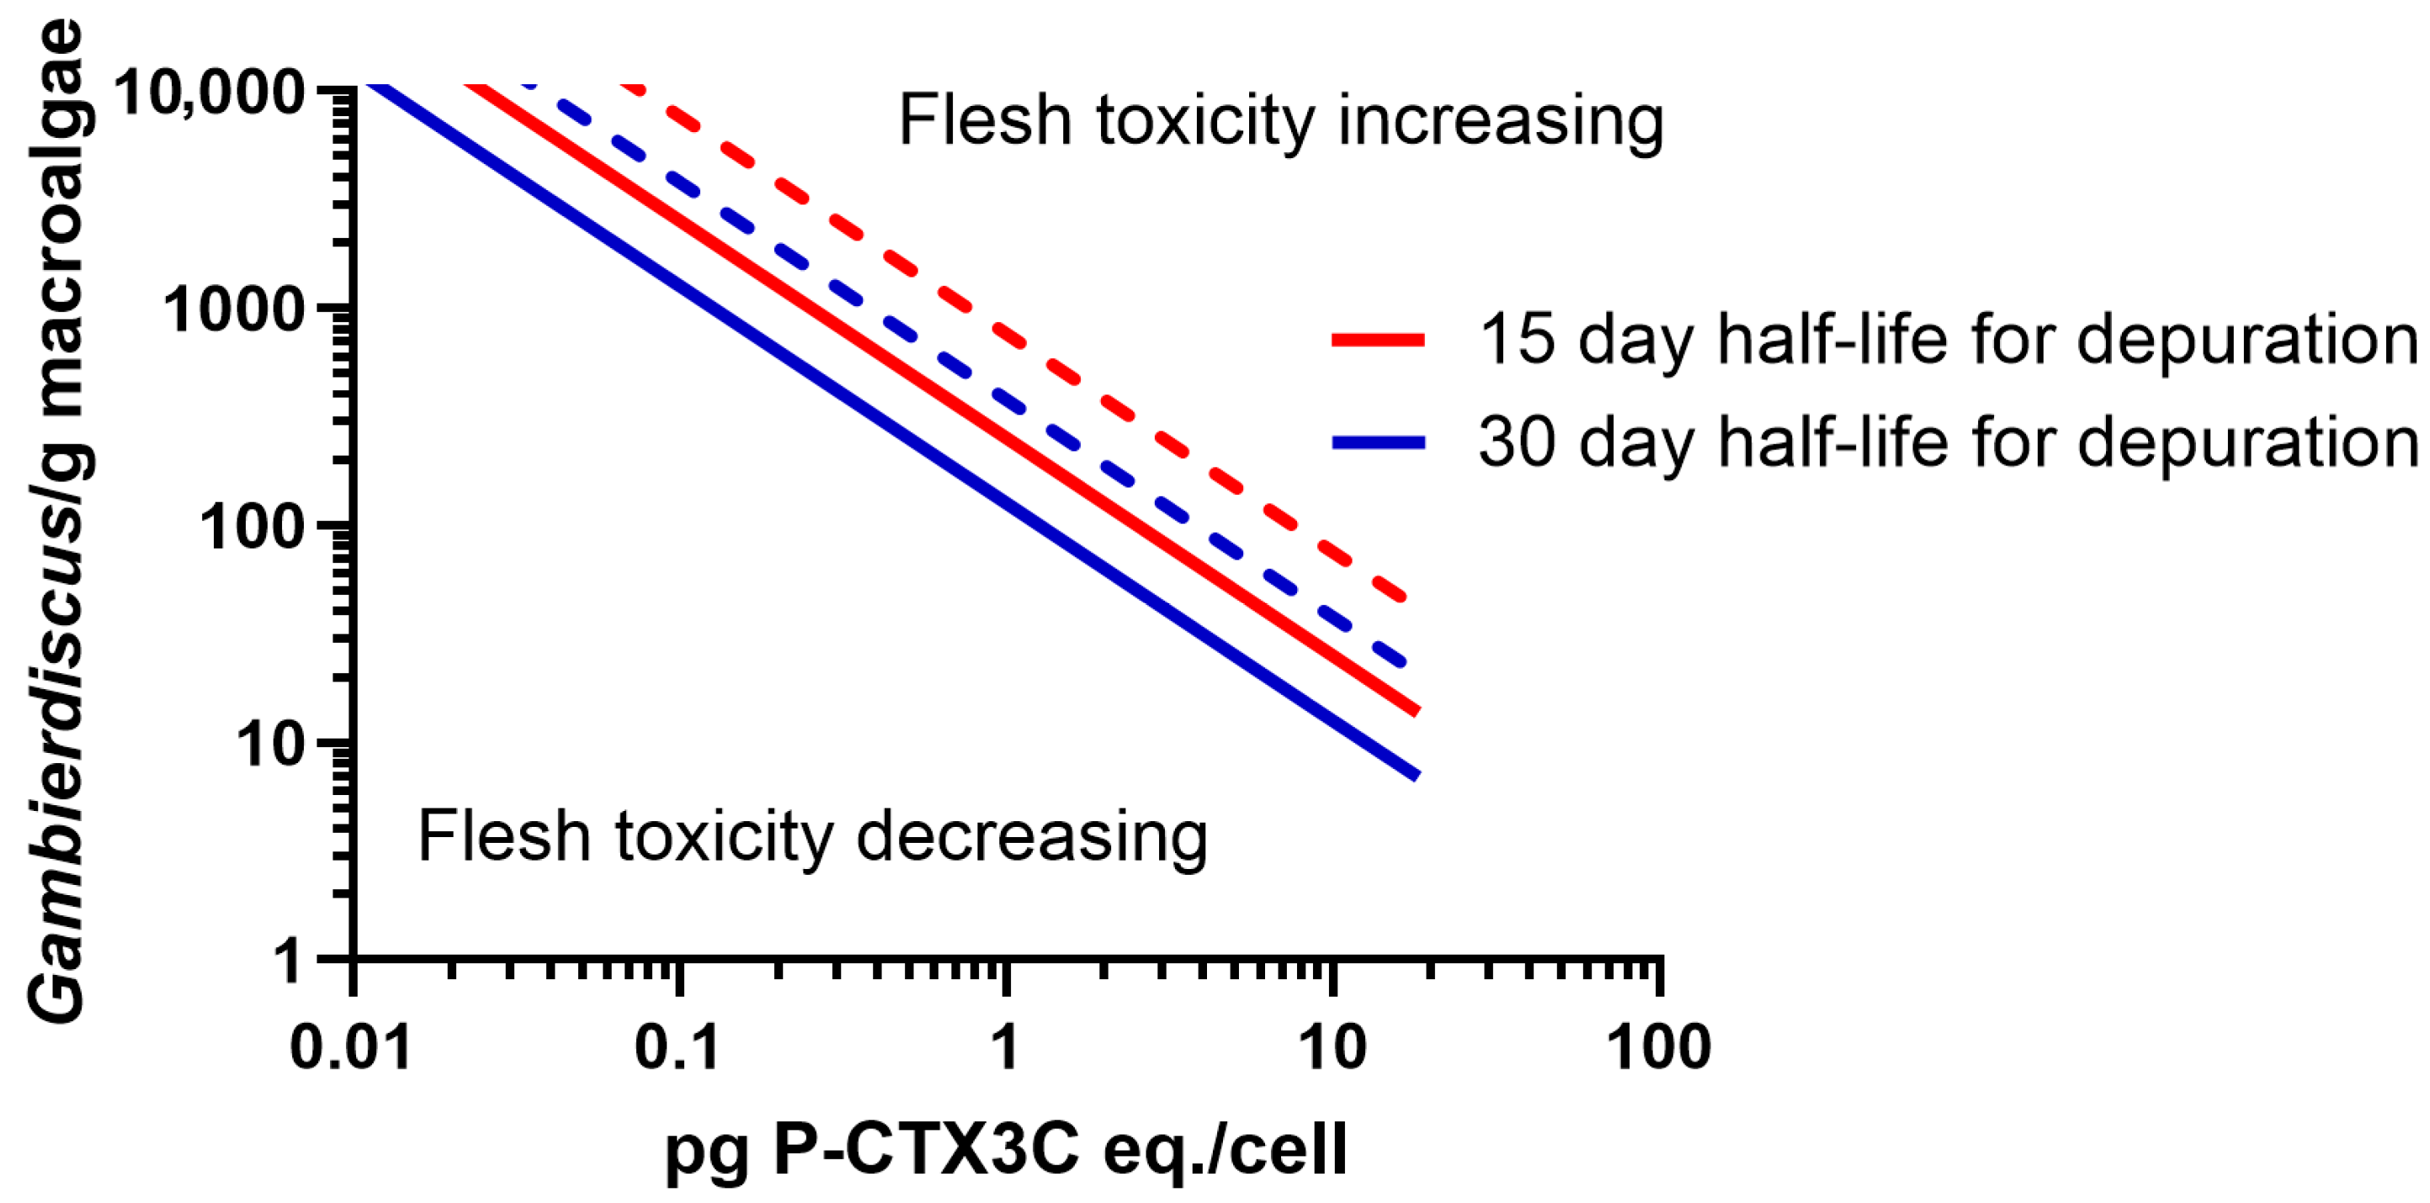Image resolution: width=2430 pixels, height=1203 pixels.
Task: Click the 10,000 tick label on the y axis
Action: click(209, 92)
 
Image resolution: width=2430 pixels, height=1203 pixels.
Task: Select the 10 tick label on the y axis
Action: click(269, 745)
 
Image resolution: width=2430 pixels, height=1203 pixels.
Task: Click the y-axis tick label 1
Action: click(286, 962)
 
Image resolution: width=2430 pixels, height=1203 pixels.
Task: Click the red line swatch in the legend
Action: click(1377, 341)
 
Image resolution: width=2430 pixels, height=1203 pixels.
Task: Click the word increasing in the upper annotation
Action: click(1500, 123)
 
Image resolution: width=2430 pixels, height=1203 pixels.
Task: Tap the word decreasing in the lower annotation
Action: click(1031, 837)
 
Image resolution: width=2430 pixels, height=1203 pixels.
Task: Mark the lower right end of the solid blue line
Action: click(1416, 776)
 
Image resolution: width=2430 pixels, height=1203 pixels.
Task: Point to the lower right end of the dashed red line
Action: click(1405, 598)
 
